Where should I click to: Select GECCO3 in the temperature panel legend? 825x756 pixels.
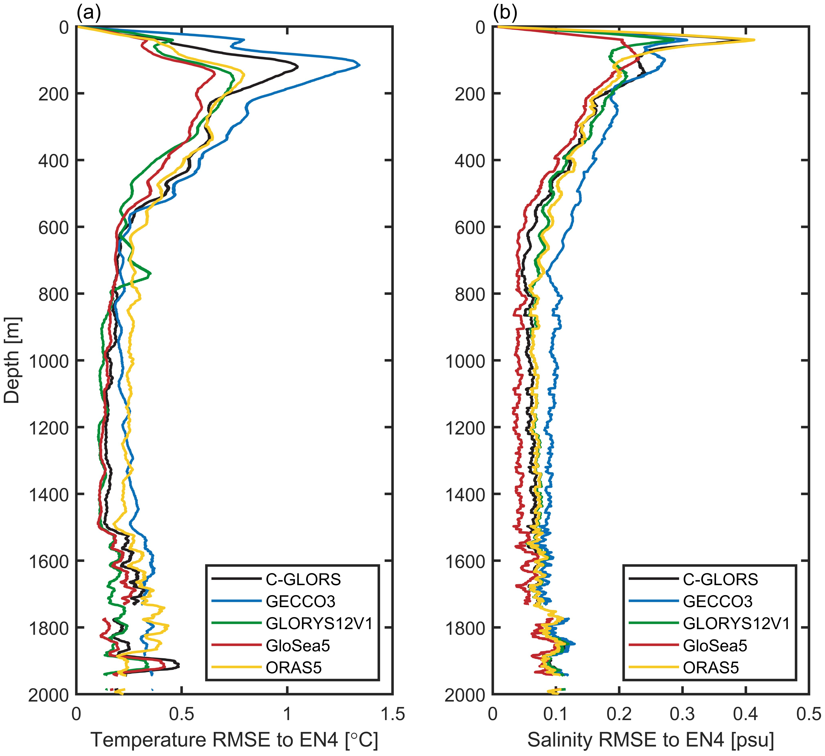[300, 601]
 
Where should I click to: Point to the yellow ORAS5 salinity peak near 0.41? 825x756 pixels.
[753, 40]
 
